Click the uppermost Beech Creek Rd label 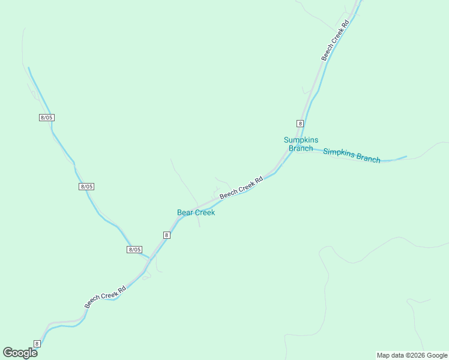pos(335,41)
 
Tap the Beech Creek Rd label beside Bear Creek pos(241,188)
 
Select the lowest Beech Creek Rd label pos(105,297)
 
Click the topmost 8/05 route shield pos(47,118)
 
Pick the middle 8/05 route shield pos(86,187)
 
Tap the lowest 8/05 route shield pos(134,249)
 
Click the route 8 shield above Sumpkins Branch pos(300,123)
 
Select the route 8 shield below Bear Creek pos(167,235)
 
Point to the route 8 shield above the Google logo pos(37,343)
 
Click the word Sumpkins pos(301,140)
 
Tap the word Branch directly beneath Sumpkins pos(301,148)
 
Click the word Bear pos(185,212)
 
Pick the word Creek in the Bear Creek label pos(205,212)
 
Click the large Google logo pos(20,353)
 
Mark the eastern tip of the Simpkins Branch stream pos(406,157)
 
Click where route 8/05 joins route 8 pos(150,258)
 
